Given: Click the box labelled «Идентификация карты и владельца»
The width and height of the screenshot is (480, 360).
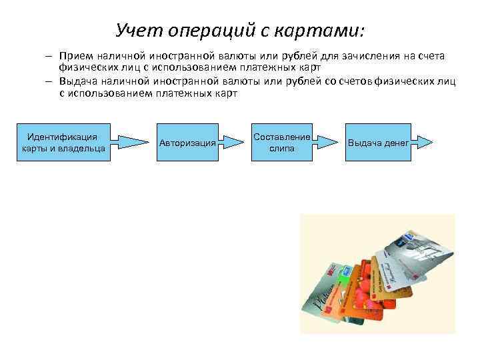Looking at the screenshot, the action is tap(63, 142).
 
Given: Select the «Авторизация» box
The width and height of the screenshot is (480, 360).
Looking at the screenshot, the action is tap(187, 142).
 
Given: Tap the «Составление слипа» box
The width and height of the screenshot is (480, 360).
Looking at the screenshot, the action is tap(281, 142).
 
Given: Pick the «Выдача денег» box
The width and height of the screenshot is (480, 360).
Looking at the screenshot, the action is tap(378, 142).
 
